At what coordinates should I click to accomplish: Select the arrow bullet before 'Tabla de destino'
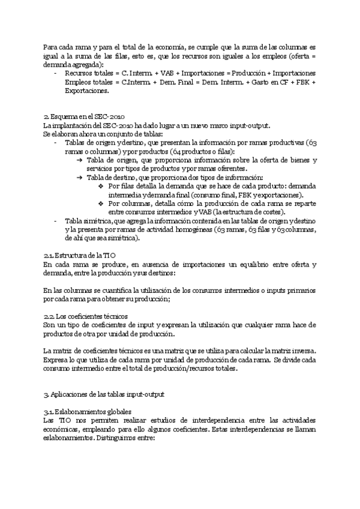pos(80,178)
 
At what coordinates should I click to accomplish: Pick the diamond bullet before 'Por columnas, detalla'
pos(101,203)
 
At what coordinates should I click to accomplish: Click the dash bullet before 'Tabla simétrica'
pos(55,221)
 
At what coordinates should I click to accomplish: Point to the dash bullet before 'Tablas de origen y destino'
pos(55,143)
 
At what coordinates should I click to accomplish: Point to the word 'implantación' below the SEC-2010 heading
pos(76,125)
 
